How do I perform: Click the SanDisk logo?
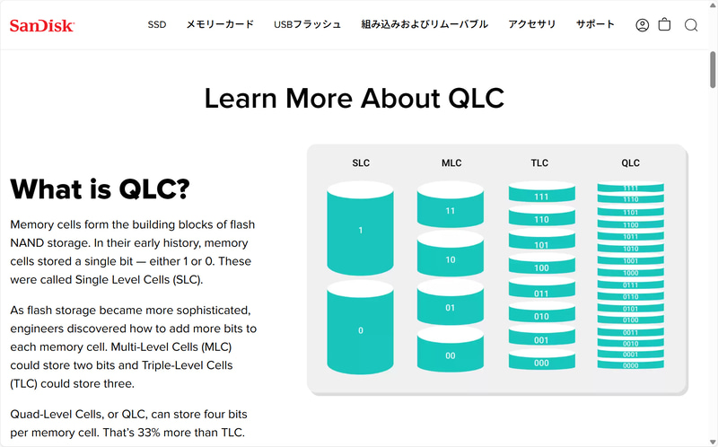point(41,25)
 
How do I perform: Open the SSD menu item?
point(157,24)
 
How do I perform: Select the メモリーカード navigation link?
point(220,24)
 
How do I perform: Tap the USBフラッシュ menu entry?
point(308,24)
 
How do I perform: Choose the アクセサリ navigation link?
point(531,24)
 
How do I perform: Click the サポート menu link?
point(596,24)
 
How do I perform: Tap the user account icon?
point(642,25)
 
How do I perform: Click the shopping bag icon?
point(665,25)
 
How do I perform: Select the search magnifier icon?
point(691,25)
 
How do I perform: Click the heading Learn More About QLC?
point(355,98)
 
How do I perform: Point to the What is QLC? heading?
point(100,189)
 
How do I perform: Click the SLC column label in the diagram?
point(361,163)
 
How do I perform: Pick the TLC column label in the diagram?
point(540,163)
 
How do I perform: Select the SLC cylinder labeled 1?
point(361,231)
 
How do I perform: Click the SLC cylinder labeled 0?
point(361,330)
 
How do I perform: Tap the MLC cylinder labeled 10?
point(451,259)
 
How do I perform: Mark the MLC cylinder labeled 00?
point(451,355)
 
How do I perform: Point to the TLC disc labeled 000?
point(541,363)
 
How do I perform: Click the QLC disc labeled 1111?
point(631,188)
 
